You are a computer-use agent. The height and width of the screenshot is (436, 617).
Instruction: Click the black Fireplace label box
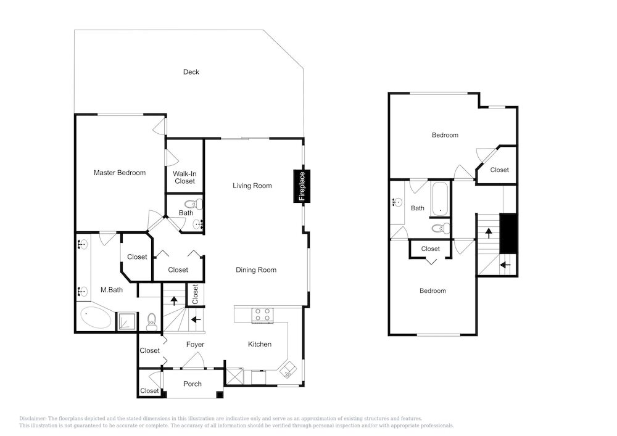302,186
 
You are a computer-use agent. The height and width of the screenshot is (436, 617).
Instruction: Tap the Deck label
191,72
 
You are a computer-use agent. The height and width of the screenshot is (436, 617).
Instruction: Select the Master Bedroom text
120,173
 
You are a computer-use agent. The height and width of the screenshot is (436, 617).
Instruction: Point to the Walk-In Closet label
184,178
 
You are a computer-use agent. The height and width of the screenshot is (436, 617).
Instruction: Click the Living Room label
252,186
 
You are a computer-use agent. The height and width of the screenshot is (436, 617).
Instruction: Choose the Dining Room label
256,269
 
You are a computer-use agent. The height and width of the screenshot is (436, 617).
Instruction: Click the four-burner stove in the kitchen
263,315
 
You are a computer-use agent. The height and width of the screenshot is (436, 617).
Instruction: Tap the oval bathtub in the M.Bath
96,317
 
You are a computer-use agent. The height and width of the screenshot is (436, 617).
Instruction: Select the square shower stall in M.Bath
126,321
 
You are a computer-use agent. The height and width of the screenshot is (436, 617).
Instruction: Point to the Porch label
193,384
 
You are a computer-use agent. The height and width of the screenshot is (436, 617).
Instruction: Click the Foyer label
195,344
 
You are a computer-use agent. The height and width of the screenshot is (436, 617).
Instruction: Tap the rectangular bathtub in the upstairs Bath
439,199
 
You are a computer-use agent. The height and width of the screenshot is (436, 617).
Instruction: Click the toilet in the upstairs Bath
440,228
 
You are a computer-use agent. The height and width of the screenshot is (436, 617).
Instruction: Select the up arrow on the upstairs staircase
489,233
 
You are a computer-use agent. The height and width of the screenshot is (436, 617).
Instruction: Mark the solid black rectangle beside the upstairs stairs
508,234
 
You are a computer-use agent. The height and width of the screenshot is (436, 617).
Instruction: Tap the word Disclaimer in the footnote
33,419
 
